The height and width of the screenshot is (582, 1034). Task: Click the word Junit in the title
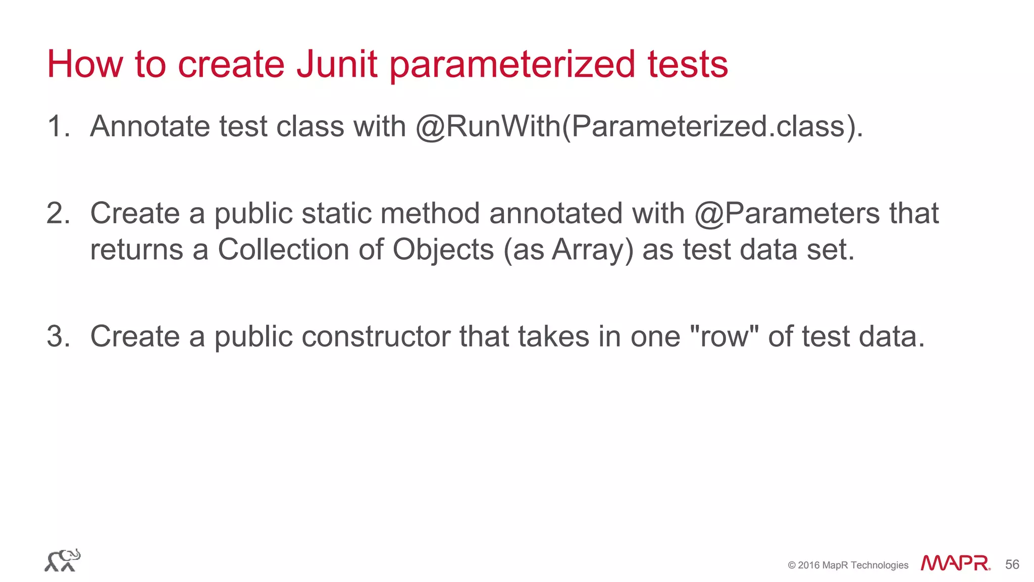click(x=337, y=64)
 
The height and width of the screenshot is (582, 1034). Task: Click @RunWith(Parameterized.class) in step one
click(x=639, y=126)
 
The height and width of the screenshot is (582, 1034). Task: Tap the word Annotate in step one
click(x=149, y=126)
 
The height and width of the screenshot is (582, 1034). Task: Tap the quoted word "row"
click(x=724, y=336)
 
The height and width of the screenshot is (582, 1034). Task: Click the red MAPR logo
click(x=955, y=563)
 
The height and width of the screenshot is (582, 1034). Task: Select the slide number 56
click(x=1012, y=564)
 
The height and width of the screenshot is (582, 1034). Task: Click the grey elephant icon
click(x=63, y=560)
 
